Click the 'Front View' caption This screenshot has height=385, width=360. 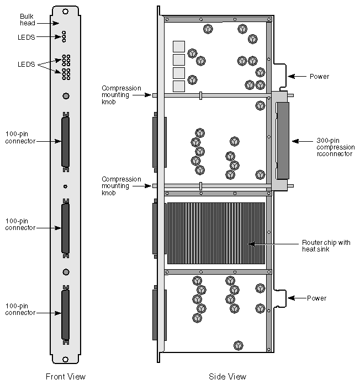point(65,377)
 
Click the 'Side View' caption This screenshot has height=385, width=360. point(227,377)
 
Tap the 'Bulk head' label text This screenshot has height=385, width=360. point(27,20)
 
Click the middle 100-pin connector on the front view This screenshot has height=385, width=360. point(66,227)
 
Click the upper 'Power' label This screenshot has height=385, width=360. point(319,77)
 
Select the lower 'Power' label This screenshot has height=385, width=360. point(316,298)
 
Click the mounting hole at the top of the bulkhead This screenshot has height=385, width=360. point(66,11)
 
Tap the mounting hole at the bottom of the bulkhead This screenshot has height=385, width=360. point(66,360)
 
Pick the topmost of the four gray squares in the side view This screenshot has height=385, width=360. point(179,46)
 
